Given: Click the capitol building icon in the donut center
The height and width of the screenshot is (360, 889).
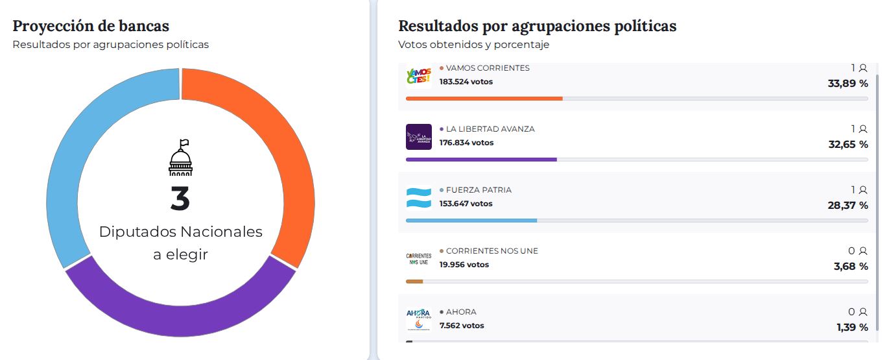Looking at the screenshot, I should click(180, 158).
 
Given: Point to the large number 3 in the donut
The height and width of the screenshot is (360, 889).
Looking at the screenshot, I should click(180, 199).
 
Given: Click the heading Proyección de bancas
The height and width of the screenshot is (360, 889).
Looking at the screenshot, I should click(91, 26).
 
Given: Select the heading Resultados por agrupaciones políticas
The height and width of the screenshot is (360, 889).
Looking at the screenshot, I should click(537, 26).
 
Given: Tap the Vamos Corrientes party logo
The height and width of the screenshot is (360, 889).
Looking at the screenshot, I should click(418, 75).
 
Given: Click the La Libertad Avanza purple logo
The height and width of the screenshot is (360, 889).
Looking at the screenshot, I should click(418, 136).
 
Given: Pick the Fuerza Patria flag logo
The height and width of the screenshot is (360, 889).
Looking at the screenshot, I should click(418, 197).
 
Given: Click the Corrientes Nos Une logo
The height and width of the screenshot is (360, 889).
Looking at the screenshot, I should click(418, 258).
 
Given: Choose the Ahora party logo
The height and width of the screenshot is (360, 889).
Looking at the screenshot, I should click(418, 319).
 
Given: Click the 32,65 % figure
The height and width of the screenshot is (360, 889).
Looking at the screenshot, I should click(848, 144).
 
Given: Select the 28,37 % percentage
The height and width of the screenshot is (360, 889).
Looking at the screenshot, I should click(848, 205).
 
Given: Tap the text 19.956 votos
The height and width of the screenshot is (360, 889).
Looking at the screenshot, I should click(464, 265).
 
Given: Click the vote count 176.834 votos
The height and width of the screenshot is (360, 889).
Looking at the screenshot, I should click(466, 143).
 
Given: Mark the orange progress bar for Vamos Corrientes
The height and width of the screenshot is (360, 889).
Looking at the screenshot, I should click(484, 98).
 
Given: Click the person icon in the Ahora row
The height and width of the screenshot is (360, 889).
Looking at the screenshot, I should click(862, 312).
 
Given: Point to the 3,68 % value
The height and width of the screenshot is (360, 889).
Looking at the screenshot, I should click(851, 266).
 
